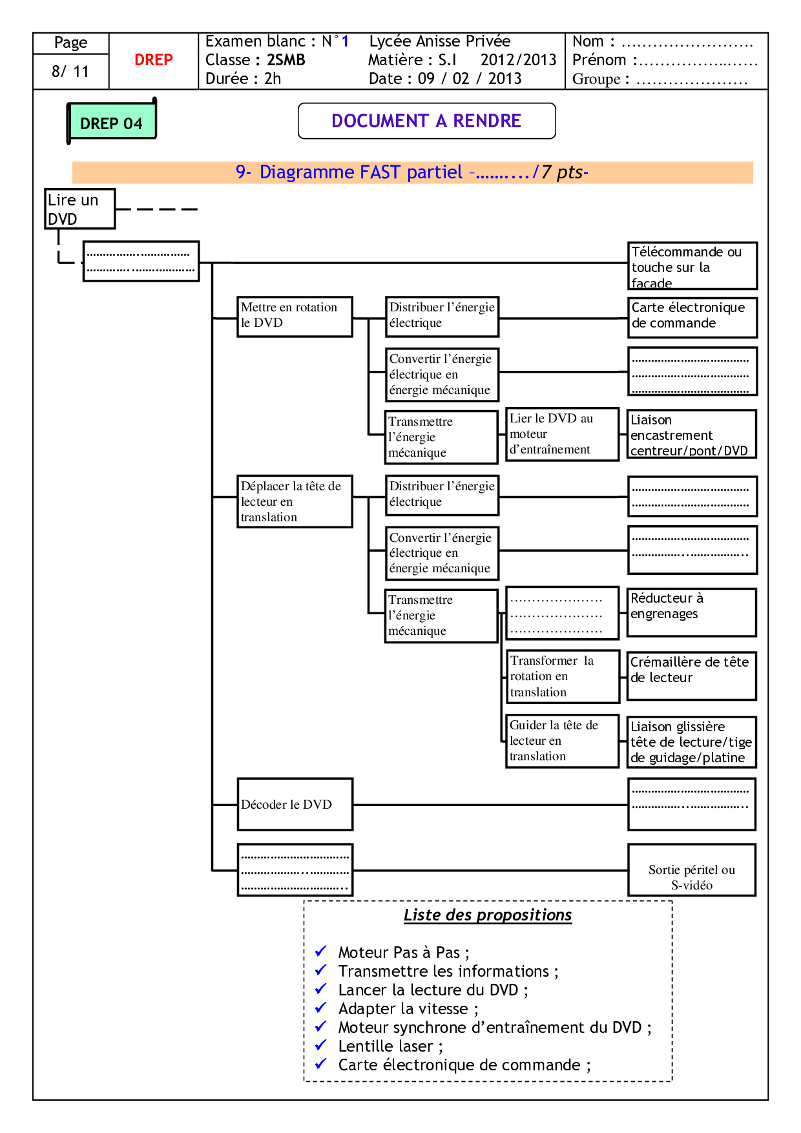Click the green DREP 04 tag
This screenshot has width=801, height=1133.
click(x=112, y=121)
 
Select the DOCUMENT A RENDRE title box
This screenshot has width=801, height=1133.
click(x=426, y=121)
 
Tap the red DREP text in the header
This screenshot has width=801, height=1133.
click(x=153, y=60)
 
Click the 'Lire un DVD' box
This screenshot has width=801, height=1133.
click(x=79, y=209)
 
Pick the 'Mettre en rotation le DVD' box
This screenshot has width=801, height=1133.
click(x=295, y=317)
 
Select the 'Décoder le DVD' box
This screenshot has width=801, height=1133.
click(x=295, y=804)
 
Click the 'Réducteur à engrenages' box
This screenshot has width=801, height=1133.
click(x=691, y=612)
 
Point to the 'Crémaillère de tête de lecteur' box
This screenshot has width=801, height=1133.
click(x=691, y=676)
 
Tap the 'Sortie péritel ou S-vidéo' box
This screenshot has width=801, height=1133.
click(x=691, y=870)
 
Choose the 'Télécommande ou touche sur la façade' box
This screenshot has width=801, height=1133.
click(x=692, y=265)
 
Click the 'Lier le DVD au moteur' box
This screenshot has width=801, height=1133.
click(x=562, y=434)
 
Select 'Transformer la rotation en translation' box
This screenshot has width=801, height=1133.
click(x=562, y=676)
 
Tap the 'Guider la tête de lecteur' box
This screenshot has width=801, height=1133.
click(x=562, y=741)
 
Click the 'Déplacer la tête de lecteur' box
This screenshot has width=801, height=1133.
click(x=295, y=501)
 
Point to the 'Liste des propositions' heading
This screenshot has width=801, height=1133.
click(x=488, y=915)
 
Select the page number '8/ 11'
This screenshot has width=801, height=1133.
click(x=70, y=71)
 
